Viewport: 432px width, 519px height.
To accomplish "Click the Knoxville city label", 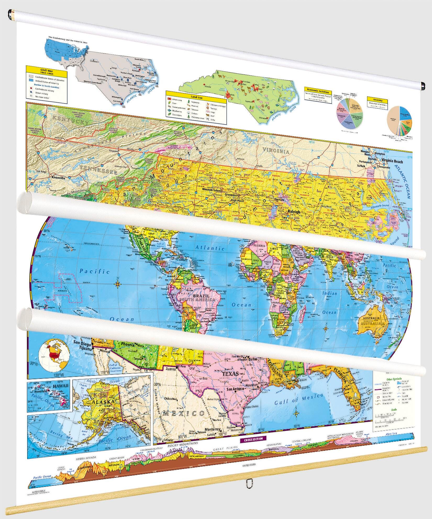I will pyautogui.click(x=58, y=178).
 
